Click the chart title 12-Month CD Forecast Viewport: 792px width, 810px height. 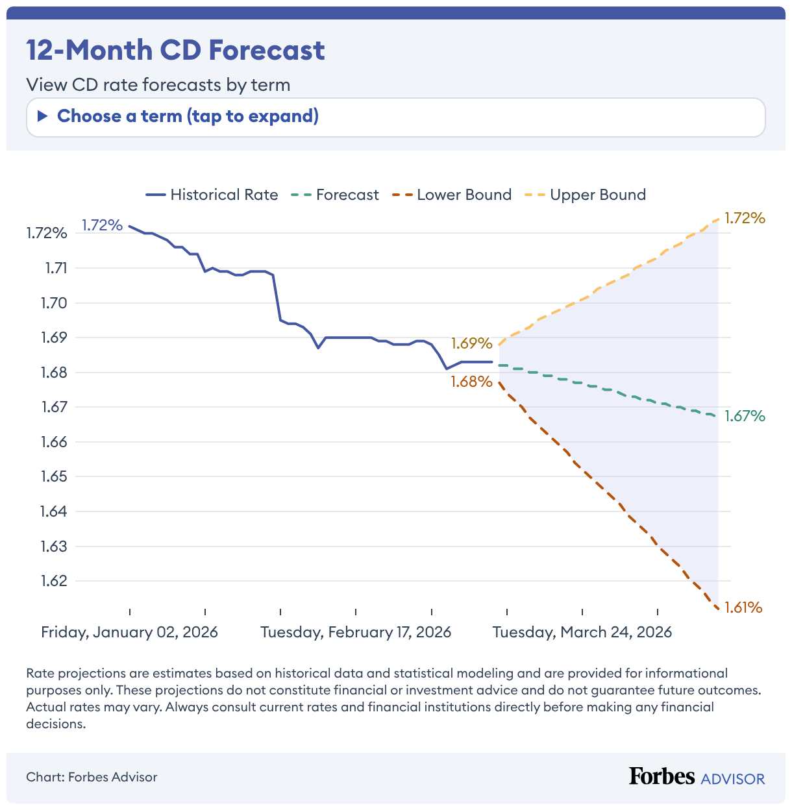[x=175, y=50]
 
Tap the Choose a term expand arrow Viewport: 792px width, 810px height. [x=43, y=117]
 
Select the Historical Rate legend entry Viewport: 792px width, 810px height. [x=212, y=195]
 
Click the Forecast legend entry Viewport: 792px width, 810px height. [x=334, y=195]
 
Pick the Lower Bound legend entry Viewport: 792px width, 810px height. [x=452, y=195]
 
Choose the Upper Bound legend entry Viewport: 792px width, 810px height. [x=586, y=195]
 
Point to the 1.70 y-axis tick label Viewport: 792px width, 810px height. [x=54, y=302]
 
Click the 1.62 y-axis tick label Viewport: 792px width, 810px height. [x=54, y=581]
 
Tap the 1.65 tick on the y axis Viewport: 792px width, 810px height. [x=54, y=476]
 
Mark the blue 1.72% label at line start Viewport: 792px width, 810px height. [x=102, y=225]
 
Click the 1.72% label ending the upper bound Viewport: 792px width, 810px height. [x=745, y=218]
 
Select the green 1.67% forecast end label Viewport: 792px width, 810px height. [x=745, y=416]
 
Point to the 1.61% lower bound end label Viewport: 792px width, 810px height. [x=743, y=607]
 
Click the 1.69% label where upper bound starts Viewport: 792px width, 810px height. [x=472, y=343]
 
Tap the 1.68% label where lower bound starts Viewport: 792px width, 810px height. [x=472, y=382]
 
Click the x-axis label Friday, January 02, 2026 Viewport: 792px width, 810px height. [x=129, y=632]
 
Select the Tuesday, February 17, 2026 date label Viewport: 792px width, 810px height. [x=356, y=632]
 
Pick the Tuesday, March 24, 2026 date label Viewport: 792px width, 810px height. [x=582, y=632]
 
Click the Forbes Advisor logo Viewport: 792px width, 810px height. [x=697, y=777]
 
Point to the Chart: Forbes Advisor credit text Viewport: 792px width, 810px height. [x=92, y=777]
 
